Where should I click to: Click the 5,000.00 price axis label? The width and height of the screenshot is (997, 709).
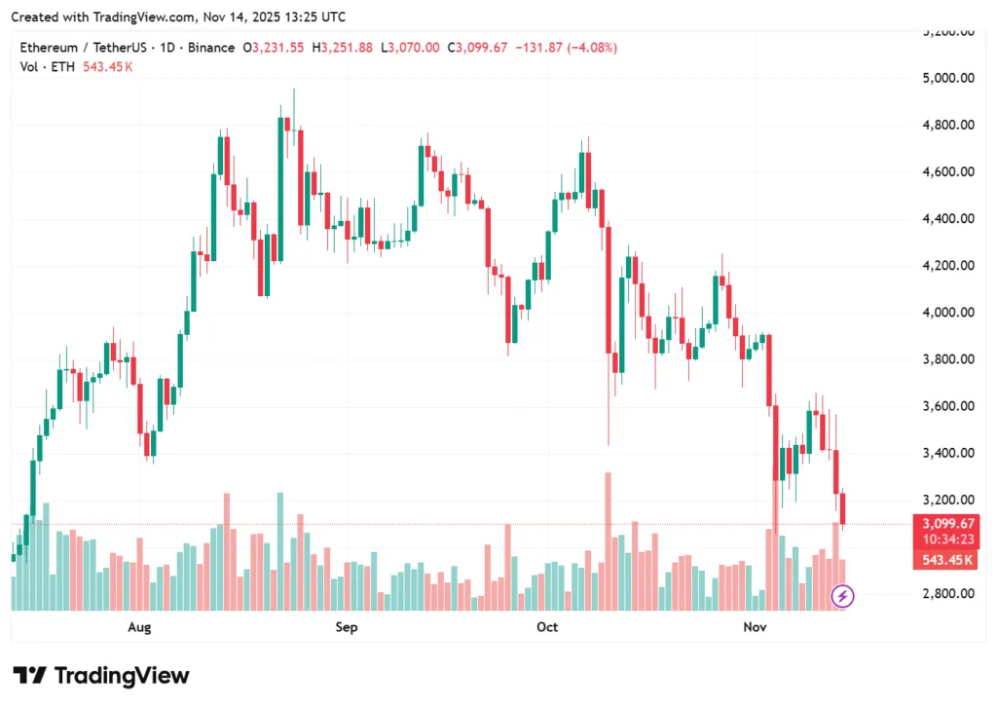pos(947,78)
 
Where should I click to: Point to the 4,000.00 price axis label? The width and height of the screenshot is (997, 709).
pos(947,313)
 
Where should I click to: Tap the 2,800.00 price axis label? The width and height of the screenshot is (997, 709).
pos(947,593)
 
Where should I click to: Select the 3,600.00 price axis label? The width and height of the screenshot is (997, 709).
pos(947,406)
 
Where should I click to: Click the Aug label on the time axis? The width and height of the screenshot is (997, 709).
pos(140,627)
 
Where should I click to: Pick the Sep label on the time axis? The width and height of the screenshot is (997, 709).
pos(347,627)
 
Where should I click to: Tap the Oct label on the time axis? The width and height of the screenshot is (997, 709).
pos(547,627)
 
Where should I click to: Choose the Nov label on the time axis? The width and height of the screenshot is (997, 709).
pos(755,627)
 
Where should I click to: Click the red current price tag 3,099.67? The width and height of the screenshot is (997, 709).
pos(947,523)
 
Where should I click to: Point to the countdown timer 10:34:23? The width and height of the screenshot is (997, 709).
pos(947,540)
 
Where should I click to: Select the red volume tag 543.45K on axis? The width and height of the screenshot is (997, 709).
pos(947,560)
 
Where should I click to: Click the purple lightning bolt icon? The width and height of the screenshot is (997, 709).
pos(843,595)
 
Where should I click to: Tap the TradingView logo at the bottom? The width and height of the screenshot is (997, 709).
pos(100,675)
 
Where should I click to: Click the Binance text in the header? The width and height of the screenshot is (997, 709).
pos(211,48)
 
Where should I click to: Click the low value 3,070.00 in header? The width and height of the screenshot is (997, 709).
pos(415,48)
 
